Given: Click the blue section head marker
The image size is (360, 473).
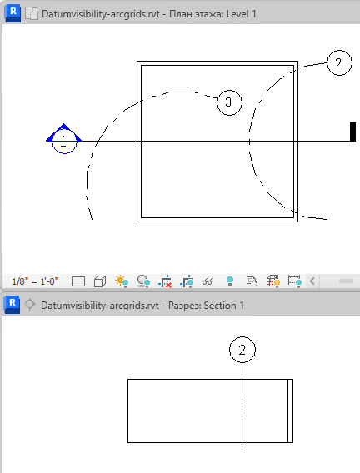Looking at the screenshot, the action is pos(63,139).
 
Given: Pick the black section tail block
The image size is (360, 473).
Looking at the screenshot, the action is pos(352,132).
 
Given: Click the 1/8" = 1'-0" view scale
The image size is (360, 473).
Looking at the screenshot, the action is pos(35,281).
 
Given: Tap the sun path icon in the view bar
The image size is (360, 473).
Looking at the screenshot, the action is pos(122,281).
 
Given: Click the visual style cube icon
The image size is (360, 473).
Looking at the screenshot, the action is pos(100,281).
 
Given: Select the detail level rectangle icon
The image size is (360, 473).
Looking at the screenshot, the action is pos(78,281).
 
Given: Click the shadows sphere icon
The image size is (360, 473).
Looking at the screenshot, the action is pos(143,281).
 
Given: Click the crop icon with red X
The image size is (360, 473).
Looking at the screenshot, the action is pos(165,281).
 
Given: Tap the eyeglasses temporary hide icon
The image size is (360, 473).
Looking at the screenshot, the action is pos(207,281).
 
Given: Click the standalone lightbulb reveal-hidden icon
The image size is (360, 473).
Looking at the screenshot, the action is pos(230,281).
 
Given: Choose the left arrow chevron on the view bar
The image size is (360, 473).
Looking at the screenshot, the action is pos(312,281).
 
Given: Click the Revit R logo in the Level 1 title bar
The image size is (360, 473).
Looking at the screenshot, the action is pos(12,13).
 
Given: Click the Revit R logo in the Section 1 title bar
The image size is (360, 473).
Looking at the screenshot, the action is pos(12,305).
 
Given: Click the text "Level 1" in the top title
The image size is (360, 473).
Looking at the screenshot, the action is pos(241,14).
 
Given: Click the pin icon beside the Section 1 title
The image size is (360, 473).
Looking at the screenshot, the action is pos(29,305).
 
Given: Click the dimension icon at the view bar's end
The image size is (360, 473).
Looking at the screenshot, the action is pos(294,281).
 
